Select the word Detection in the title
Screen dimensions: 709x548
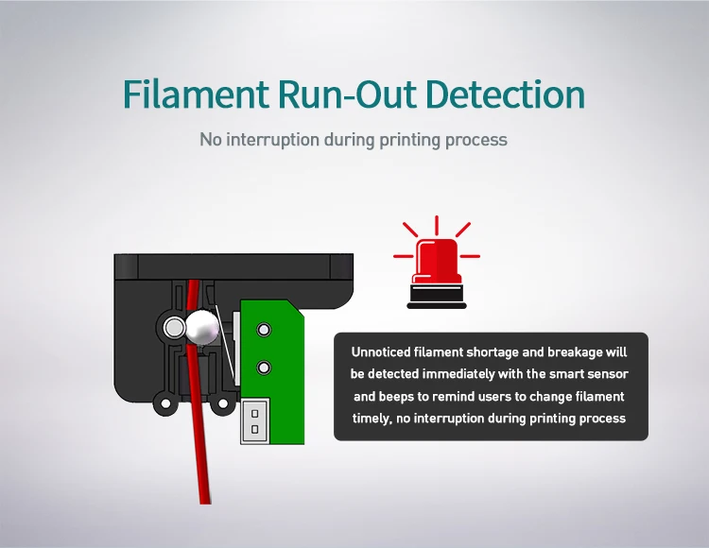tap(504, 94)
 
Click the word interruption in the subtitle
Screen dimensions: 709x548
tap(273, 140)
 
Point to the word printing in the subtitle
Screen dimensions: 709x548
tap(412, 140)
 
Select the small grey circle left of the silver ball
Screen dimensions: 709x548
tap(173, 328)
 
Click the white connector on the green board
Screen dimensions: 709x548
tap(253, 420)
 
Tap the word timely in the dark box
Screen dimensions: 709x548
tap(372, 418)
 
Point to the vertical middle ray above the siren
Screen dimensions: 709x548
tap(436, 227)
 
